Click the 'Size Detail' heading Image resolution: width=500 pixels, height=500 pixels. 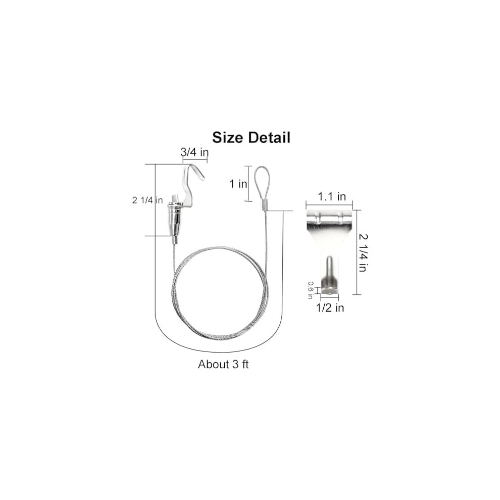252,137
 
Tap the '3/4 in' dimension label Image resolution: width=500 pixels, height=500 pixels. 194,152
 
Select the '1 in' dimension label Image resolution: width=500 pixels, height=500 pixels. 238,184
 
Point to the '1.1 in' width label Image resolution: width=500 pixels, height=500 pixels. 332,196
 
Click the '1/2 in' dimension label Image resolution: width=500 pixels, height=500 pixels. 330,308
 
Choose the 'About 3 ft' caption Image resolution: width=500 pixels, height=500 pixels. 223,364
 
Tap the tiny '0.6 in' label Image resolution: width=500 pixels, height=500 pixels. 310,290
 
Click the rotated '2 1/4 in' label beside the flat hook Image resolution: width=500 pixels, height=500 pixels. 363,253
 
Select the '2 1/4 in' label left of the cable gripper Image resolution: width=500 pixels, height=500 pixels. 147,201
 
